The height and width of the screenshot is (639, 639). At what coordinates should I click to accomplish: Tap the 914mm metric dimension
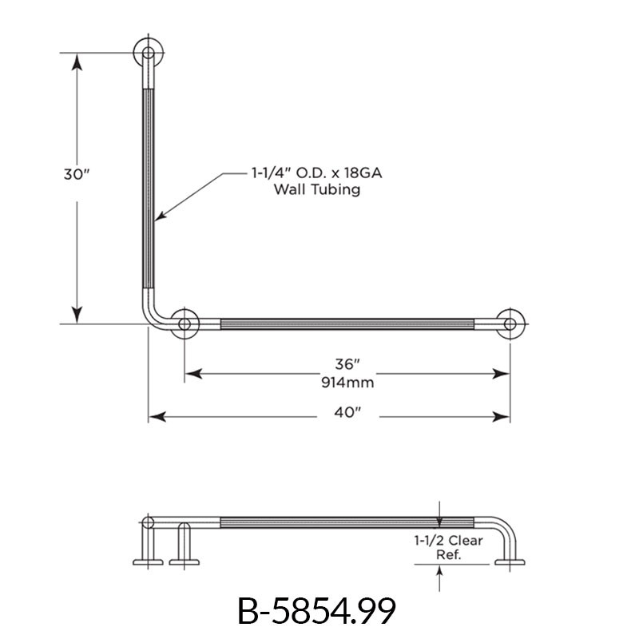point(346,381)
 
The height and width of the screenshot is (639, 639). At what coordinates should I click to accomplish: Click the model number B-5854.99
point(317,612)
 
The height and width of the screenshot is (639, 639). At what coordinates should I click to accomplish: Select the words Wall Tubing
point(317,189)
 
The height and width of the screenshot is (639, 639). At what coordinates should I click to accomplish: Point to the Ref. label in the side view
point(449,554)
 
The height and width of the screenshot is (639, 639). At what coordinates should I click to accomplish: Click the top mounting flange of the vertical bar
point(148,54)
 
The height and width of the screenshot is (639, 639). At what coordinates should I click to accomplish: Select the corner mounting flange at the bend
point(185,323)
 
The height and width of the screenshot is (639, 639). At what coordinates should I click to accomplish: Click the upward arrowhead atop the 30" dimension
point(77,60)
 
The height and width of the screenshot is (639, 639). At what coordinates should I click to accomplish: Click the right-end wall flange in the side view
point(510,562)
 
